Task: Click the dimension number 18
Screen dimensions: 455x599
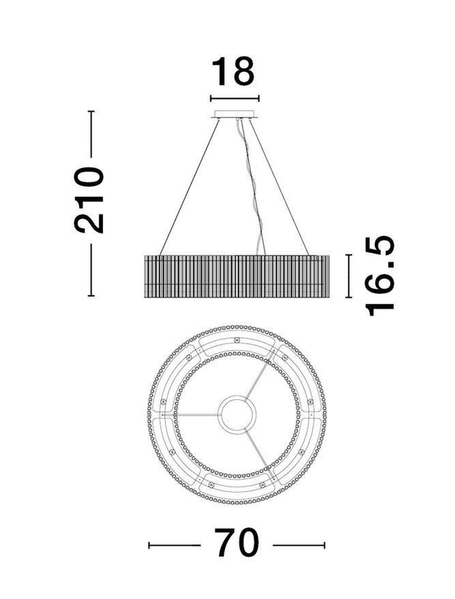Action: [233, 72]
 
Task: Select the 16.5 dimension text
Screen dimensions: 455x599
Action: [379, 275]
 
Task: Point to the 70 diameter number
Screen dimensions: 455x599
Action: [236, 545]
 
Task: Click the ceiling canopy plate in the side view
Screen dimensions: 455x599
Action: [235, 114]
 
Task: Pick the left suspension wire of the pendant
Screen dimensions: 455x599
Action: [190, 187]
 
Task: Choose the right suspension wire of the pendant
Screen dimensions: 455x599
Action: [279, 187]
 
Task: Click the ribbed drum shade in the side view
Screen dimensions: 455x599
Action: [237, 276]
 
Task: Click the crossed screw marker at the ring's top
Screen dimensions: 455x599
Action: [237, 340]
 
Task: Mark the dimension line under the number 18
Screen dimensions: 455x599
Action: [235, 99]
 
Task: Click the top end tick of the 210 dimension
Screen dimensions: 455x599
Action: [91, 111]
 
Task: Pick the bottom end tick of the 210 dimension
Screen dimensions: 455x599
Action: [91, 296]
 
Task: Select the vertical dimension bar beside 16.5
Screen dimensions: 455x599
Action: [348, 276]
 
